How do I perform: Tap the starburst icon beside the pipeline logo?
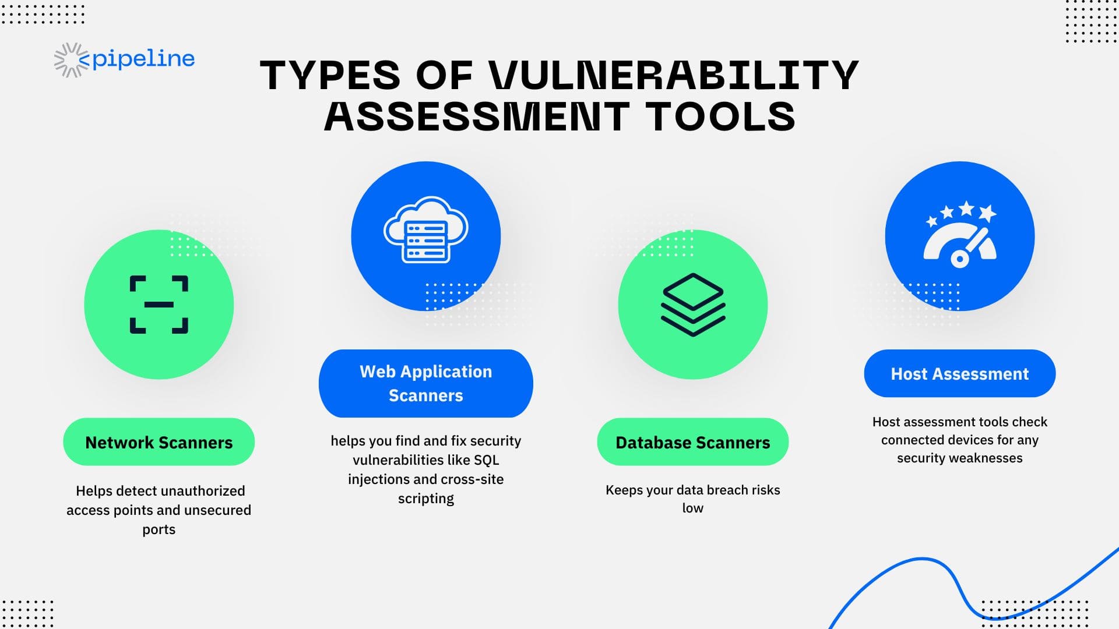point(71,60)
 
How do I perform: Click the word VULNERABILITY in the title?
point(674,75)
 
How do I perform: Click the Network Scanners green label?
point(159,442)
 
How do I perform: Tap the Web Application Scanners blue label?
point(426,383)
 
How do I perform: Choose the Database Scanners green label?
point(693,442)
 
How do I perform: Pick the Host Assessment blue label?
point(960,373)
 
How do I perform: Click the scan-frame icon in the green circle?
point(159,305)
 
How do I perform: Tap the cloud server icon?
point(426,230)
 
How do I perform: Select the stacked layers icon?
point(693,305)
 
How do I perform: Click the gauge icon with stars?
point(960,234)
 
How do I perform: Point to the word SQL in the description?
point(486,460)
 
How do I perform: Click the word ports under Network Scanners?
point(159,530)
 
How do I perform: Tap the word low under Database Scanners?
point(693,508)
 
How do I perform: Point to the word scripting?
point(426,499)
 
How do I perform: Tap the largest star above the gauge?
point(966,208)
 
